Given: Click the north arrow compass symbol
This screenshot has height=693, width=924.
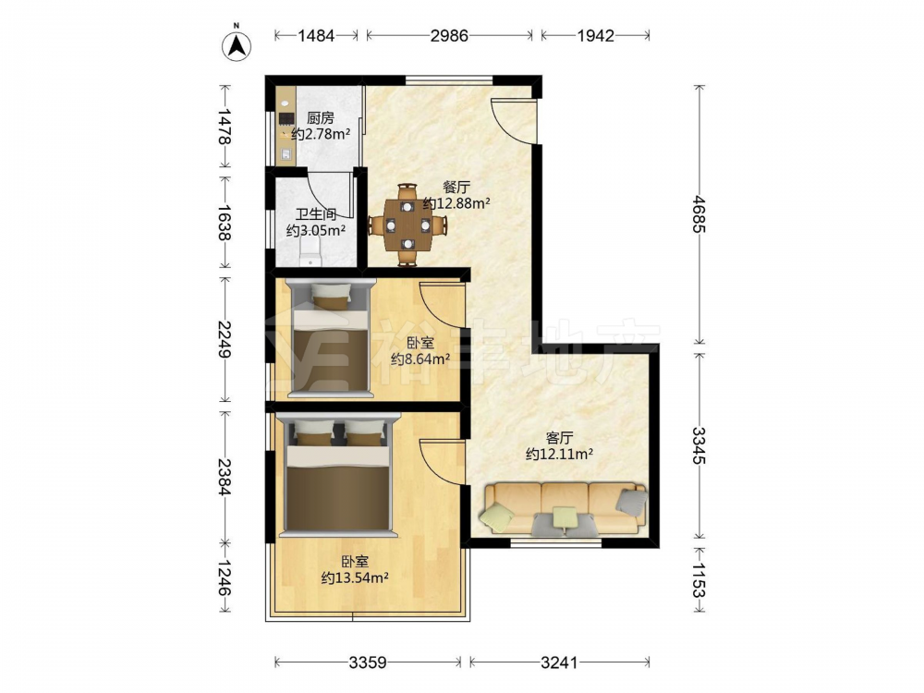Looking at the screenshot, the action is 237,44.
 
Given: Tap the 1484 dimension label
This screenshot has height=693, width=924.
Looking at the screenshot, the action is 316,36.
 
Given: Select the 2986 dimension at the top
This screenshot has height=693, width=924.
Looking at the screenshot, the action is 449,36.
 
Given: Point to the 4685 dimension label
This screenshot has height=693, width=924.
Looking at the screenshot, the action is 699,213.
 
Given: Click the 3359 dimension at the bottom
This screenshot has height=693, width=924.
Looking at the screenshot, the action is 368,663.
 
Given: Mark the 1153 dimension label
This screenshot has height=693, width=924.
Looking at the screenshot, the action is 699,580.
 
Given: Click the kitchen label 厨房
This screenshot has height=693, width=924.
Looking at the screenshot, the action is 320,118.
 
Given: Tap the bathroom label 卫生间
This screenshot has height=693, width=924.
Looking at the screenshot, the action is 316,214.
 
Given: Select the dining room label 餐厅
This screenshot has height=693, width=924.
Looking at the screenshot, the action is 456,188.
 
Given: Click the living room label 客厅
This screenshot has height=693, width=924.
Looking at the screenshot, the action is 559,438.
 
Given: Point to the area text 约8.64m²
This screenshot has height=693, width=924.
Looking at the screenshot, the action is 420,359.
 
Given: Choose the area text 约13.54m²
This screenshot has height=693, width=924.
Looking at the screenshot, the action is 355,577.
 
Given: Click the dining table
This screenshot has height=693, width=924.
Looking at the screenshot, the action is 407,225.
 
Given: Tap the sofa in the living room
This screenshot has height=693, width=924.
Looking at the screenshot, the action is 564,508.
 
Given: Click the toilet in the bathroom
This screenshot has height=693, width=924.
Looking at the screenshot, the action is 310,258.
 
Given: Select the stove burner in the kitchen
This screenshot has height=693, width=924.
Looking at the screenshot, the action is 286,119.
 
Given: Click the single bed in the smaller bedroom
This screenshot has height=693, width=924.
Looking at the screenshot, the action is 331,337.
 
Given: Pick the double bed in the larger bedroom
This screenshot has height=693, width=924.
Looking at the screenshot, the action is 338,475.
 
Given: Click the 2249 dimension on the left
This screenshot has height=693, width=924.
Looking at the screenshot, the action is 224,339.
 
